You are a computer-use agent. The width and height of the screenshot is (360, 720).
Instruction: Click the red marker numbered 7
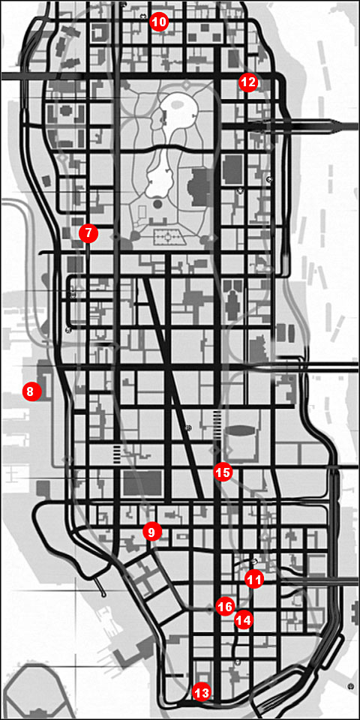click(88, 233)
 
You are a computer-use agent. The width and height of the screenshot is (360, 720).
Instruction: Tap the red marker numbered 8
click(31, 391)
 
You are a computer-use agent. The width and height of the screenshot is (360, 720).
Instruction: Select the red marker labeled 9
click(151, 532)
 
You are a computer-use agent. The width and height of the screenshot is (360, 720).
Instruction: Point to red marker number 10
click(159, 22)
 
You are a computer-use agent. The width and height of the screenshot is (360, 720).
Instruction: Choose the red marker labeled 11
click(254, 579)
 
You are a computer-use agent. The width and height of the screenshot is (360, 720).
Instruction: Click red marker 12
click(248, 82)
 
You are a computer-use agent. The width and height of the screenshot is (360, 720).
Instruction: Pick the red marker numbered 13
click(201, 692)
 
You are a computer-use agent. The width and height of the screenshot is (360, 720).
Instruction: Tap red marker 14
click(243, 619)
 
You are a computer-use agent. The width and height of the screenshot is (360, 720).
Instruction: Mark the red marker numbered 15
click(222, 472)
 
